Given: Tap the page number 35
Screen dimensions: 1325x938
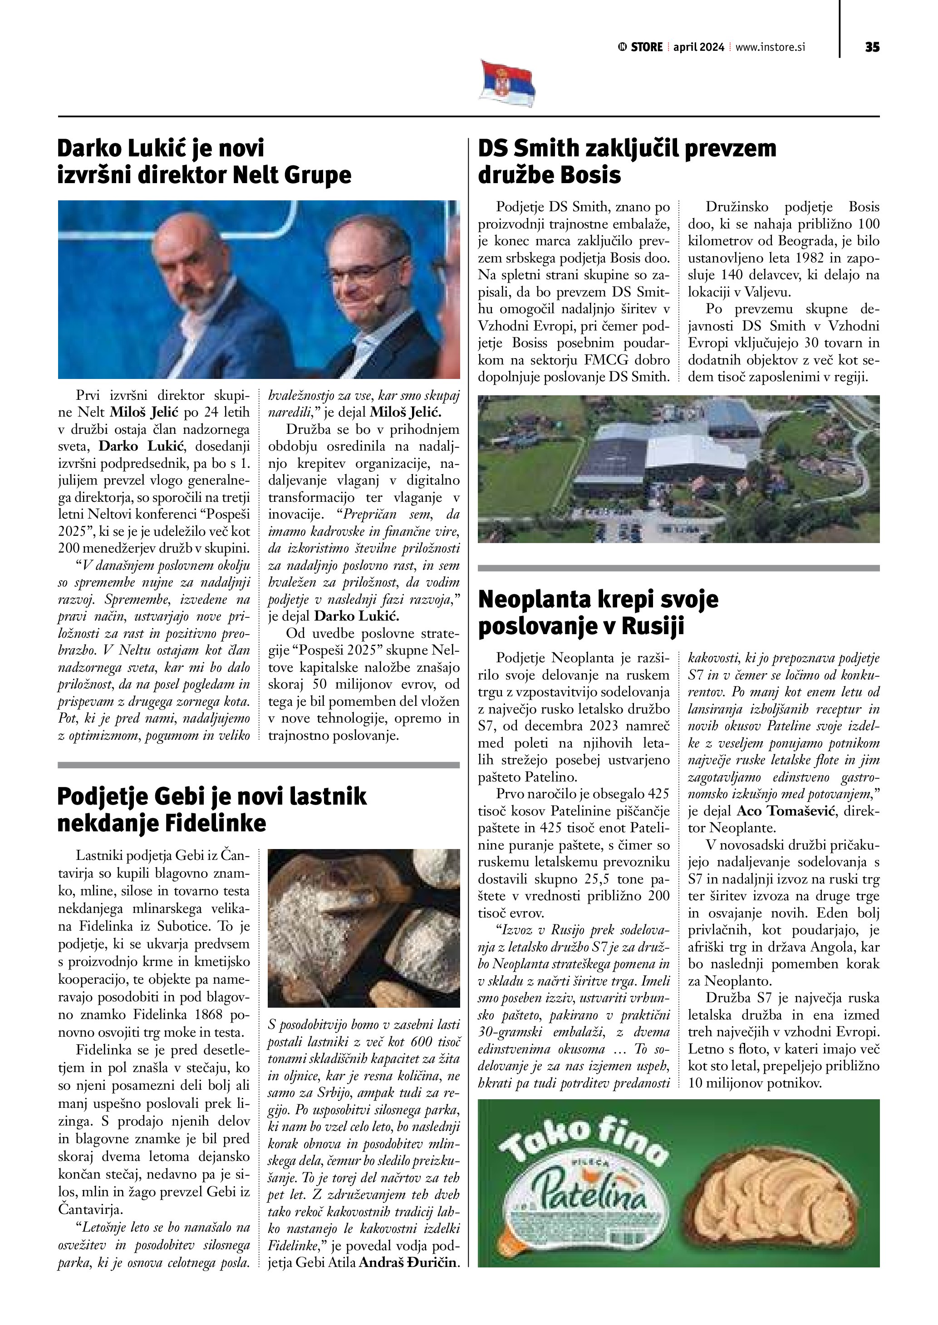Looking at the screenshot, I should click(872, 47).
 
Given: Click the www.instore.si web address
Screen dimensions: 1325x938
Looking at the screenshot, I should click(770, 47).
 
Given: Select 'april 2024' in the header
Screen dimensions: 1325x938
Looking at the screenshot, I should click(698, 47).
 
